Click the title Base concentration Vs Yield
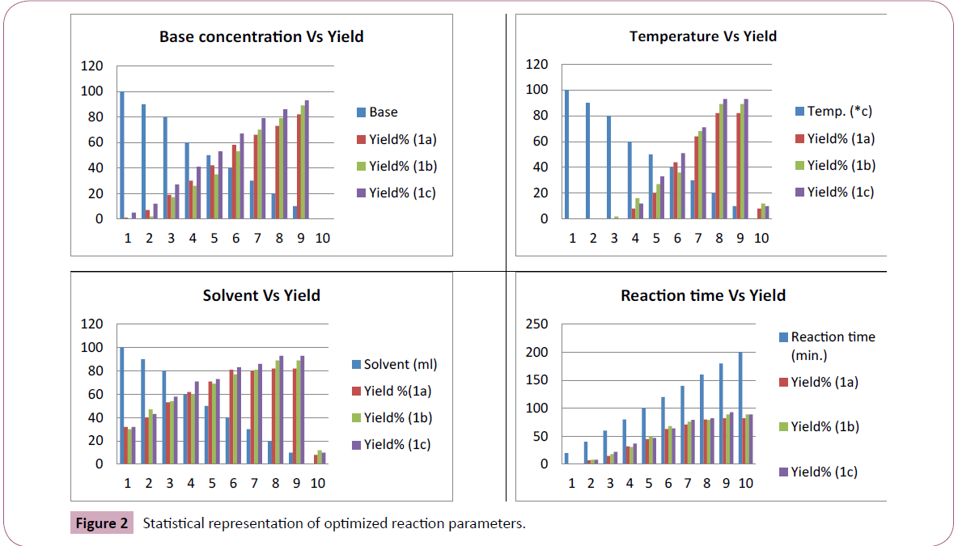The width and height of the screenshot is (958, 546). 261,36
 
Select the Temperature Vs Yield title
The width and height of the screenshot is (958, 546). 702,36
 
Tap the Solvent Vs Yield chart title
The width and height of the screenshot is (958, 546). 261,295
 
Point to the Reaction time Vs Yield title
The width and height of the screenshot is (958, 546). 702,295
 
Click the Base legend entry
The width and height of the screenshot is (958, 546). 383,112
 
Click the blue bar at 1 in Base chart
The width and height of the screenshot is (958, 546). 121,155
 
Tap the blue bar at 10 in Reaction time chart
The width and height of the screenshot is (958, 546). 740,408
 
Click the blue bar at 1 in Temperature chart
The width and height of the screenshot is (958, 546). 567,154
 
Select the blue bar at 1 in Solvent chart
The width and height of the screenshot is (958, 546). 121,406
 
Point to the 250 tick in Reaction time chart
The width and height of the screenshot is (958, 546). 537,324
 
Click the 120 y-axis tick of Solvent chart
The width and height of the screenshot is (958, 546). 91,324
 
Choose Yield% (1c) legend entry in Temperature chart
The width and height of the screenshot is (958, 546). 837,192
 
